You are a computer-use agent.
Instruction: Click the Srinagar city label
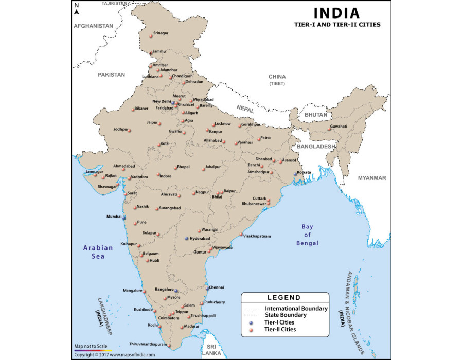[162, 33]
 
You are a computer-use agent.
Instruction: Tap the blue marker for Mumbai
[124, 218]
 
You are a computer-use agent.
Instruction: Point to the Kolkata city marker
[295, 174]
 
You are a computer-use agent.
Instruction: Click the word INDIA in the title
[337, 13]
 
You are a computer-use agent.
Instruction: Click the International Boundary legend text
[296, 308]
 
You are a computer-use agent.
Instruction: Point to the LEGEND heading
[284, 297]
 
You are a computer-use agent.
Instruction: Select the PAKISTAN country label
[112, 75]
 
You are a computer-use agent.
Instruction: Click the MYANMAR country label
[372, 178]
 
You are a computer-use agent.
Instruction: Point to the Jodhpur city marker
[130, 130]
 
